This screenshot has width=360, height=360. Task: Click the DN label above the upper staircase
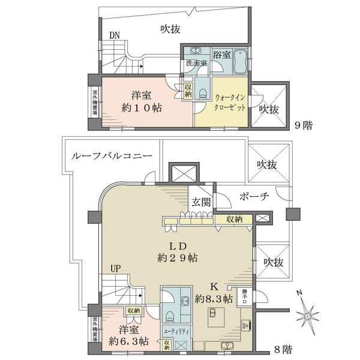click(x=115, y=35)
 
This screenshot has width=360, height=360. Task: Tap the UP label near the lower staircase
click(x=115, y=269)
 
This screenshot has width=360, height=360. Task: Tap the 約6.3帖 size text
click(x=128, y=342)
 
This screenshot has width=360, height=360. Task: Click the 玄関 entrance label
click(x=200, y=203)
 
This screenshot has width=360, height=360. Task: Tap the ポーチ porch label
click(x=253, y=197)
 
